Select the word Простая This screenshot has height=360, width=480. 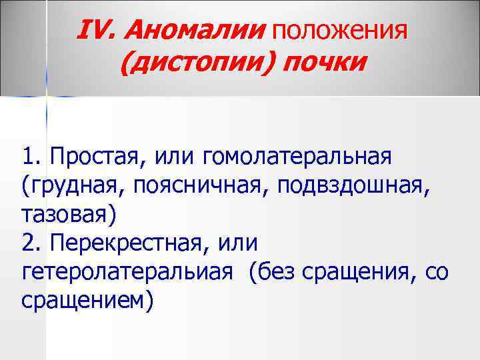(93, 159)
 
